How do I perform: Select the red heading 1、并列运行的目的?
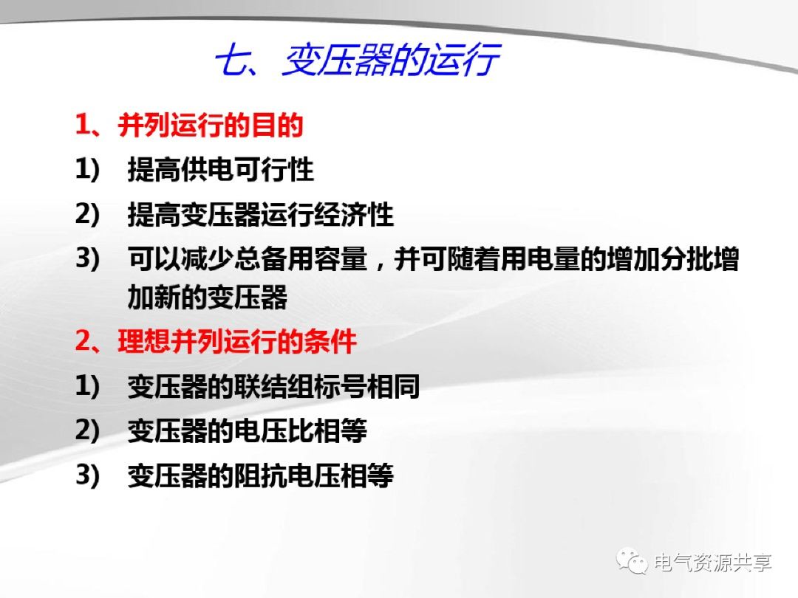tap(189, 126)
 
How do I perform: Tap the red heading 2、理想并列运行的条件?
tap(216, 342)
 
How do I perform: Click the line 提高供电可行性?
tap(220, 170)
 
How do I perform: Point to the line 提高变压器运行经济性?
tap(260, 215)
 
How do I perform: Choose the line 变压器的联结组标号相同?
tap(273, 386)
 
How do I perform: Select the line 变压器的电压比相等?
tap(247, 430)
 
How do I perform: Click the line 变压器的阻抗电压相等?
tap(260, 475)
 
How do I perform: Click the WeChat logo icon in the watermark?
tap(633, 563)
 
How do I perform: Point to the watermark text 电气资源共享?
tap(714, 563)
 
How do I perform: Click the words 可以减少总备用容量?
tap(247, 259)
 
